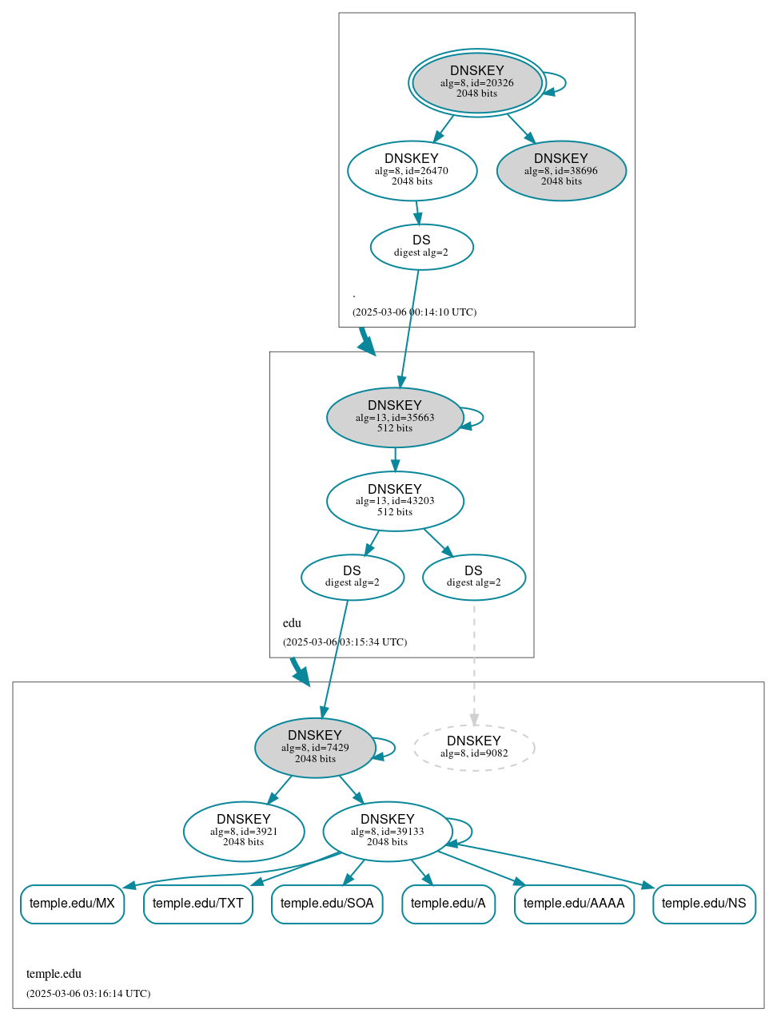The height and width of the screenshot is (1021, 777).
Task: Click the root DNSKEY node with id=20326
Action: pos(477,82)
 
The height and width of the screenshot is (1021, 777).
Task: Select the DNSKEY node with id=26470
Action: pos(412,170)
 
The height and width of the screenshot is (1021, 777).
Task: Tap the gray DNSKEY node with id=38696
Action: pos(561,170)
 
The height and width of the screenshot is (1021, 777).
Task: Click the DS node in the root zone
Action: pos(421,247)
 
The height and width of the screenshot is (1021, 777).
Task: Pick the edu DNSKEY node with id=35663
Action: pos(395,417)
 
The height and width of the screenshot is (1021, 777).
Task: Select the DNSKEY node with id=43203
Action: pos(395,501)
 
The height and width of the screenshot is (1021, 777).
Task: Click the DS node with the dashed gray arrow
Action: pos(473,577)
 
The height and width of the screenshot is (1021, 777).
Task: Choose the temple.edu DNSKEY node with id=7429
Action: pos(315,748)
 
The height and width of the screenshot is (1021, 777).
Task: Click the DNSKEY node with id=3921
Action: pos(244,832)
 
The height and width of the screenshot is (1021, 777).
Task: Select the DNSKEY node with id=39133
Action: pos(388,832)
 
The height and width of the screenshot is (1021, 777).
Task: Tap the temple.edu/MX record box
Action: pos(72,904)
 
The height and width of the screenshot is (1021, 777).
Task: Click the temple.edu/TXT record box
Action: pos(198,904)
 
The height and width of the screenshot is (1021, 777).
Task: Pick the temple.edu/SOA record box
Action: pos(327,904)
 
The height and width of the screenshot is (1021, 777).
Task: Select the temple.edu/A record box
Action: pos(448,904)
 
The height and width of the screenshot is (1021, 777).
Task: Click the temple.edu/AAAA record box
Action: pos(574,904)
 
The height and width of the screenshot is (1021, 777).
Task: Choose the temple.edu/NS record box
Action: pos(703,904)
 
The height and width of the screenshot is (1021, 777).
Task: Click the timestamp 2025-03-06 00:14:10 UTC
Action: pos(414,312)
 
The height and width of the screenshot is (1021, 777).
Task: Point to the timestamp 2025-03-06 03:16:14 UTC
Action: pos(88,994)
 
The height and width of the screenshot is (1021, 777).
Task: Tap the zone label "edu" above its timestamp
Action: pos(292,623)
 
